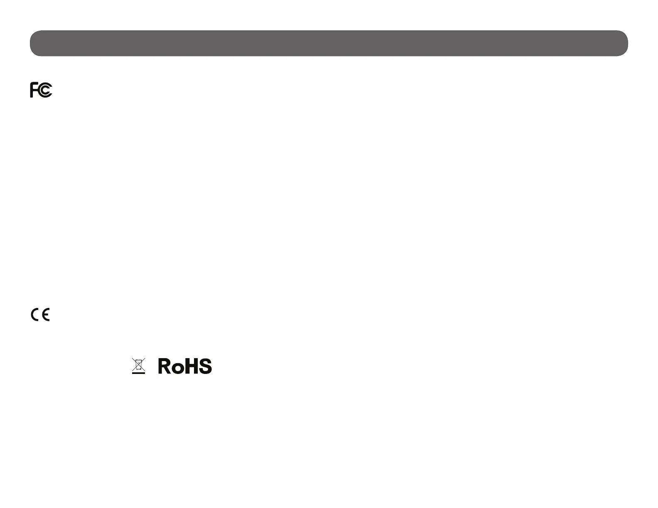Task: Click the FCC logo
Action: coord(41,90)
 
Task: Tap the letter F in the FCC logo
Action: coord(34,90)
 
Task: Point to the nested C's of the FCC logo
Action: coord(45,90)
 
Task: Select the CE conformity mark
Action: coord(40,315)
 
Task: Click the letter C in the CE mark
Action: coord(35,315)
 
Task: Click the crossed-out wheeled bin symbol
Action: coord(138,366)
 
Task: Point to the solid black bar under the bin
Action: coord(138,374)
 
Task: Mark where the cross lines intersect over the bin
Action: coord(138,365)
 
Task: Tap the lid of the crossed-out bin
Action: coord(138,361)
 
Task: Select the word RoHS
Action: coord(185,366)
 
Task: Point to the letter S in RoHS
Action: coord(205,366)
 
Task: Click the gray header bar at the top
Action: coord(329,43)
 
